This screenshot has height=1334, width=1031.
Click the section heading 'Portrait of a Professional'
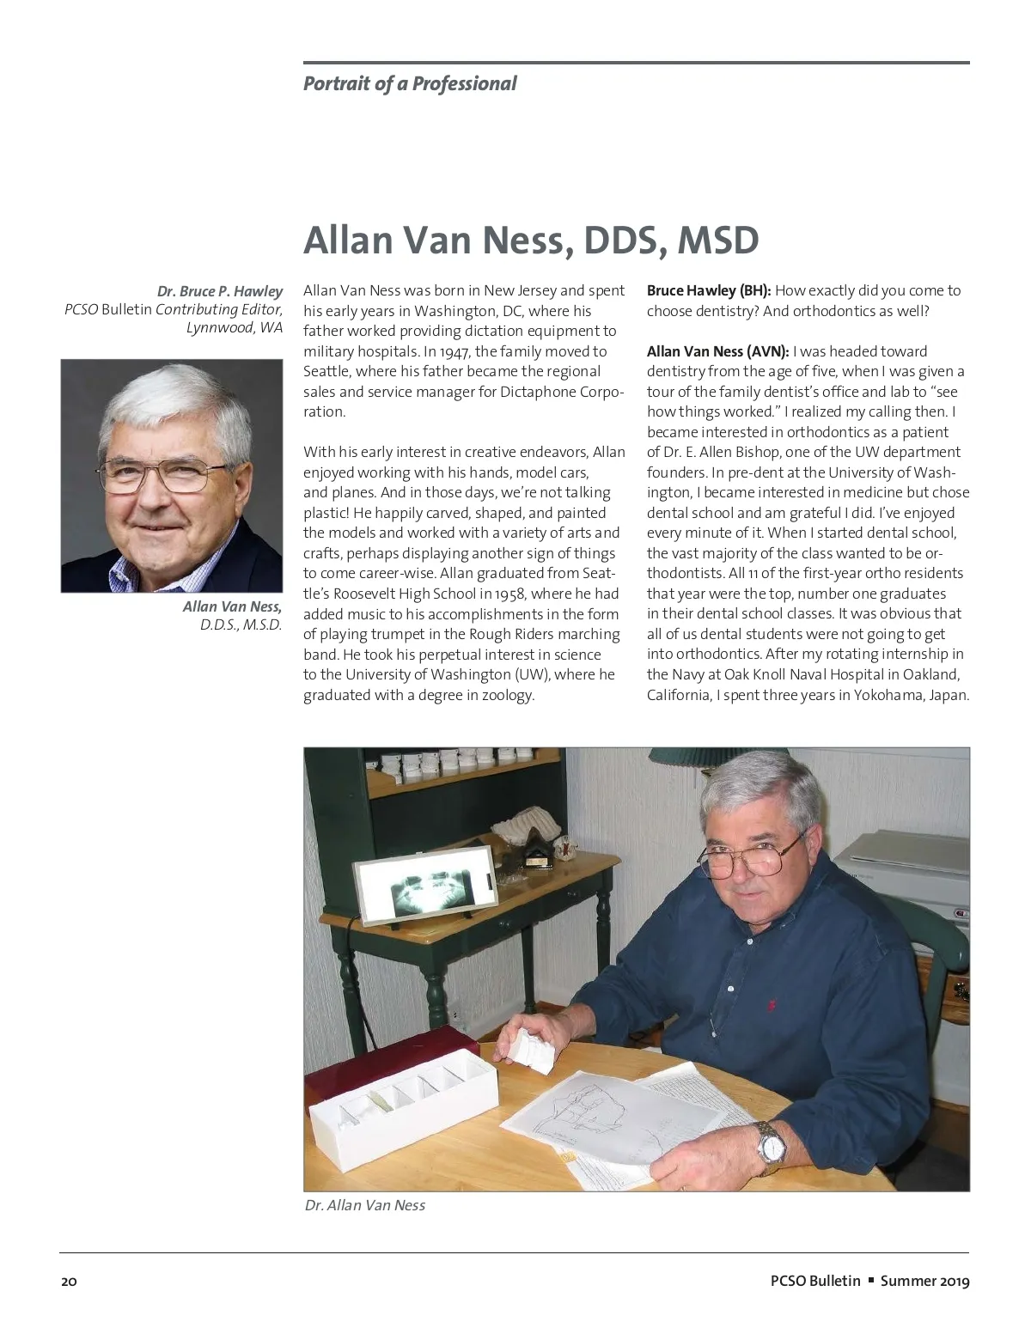pos(410,83)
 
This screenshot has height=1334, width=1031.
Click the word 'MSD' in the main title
pos(717,240)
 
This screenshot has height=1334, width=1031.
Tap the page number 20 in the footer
pos(69,1282)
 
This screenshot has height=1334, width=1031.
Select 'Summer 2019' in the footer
pos(924,1281)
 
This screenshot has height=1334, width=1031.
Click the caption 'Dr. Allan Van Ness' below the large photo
pos(365,1205)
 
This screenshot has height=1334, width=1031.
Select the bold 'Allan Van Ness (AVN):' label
pos(717,351)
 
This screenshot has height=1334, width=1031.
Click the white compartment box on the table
pos(402,1099)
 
